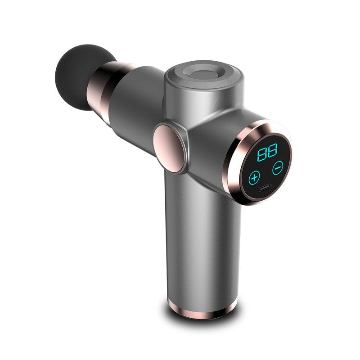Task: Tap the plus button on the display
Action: click(255, 176)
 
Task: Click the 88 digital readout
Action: click(267, 153)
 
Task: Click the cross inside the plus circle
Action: click(255, 176)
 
